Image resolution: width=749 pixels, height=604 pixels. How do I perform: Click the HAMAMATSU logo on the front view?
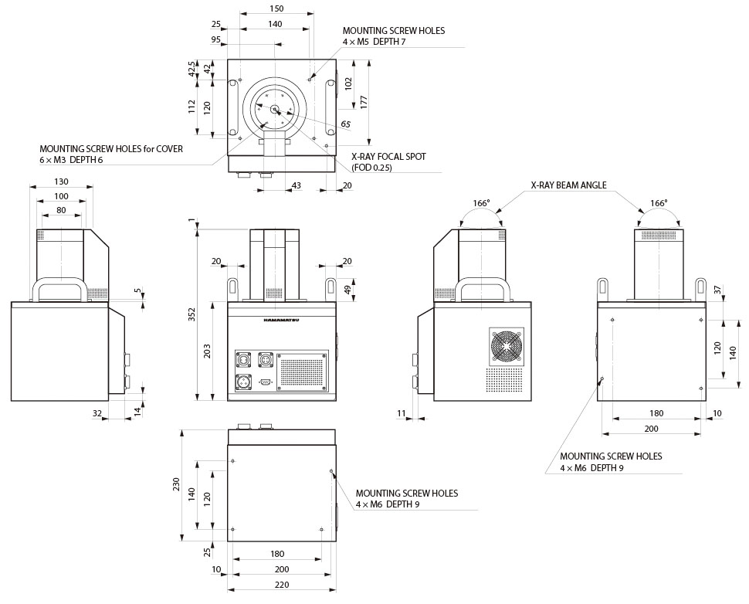point(281,318)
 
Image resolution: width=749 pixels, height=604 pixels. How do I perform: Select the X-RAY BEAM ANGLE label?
point(568,185)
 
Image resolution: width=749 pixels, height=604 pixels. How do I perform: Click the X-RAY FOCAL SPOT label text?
point(388,157)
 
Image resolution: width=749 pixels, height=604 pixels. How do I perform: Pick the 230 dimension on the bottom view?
point(177,485)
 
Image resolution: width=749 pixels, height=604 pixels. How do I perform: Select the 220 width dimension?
point(283,585)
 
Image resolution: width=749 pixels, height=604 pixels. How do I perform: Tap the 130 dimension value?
point(61,182)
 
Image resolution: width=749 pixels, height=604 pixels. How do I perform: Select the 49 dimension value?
point(347,290)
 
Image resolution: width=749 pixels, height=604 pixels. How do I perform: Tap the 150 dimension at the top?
point(277,8)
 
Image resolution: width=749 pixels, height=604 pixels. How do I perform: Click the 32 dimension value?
point(97,414)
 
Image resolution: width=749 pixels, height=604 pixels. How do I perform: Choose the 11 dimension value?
point(402,414)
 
